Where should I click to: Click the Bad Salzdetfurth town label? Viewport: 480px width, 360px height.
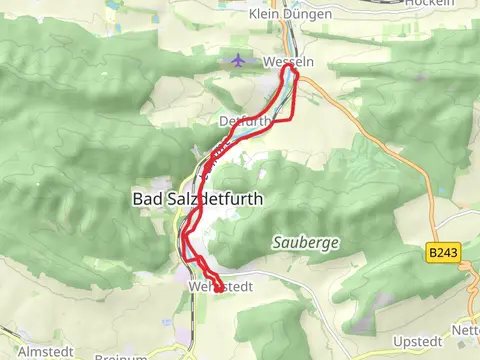197,199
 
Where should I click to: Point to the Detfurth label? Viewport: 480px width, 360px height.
244,121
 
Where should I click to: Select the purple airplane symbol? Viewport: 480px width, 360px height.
237,62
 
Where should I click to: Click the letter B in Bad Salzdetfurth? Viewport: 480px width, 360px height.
138,199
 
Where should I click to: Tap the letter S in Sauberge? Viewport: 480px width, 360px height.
276,242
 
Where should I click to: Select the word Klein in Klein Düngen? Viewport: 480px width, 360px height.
263,14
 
